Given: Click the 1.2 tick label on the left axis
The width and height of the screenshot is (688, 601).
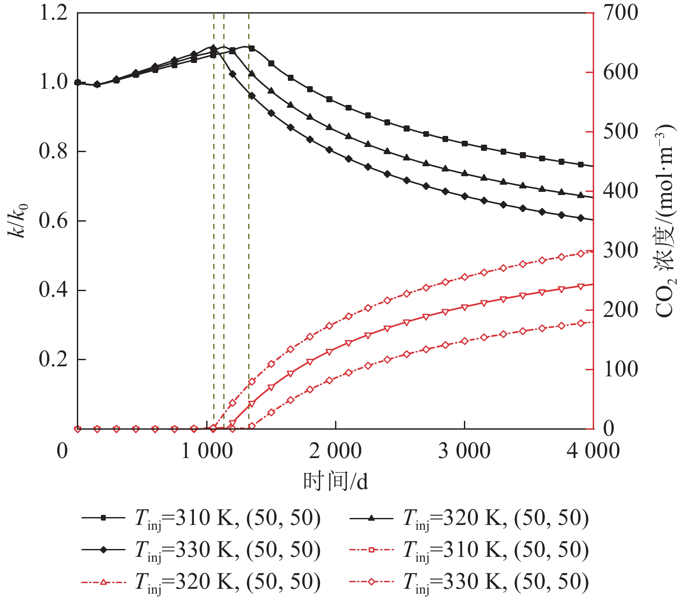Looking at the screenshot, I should [x=53, y=13].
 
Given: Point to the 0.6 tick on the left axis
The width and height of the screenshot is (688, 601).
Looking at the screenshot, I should [x=53, y=221].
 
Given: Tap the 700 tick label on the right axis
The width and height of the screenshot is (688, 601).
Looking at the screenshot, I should [x=620, y=13].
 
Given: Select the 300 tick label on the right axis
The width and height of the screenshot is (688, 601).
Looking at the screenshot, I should [x=620, y=251].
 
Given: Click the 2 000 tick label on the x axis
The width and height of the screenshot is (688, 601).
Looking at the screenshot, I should [x=335, y=451].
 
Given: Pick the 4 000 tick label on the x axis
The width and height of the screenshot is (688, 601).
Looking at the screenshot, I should [x=593, y=451].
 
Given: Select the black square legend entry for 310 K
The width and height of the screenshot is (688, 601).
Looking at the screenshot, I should [x=201, y=518].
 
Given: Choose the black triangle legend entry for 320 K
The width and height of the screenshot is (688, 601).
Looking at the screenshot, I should [x=469, y=518].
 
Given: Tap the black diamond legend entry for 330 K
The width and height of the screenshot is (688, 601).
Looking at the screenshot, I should [x=201, y=550].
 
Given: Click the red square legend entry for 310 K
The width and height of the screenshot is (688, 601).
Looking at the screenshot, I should [x=469, y=550].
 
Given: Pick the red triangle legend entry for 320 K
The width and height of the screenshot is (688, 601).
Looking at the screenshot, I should [x=201, y=582].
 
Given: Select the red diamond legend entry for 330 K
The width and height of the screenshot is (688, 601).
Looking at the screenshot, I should [x=469, y=582].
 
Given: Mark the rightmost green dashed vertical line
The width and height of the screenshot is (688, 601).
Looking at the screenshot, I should [x=249, y=219].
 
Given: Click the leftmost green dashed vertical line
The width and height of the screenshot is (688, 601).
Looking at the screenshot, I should [x=214, y=219].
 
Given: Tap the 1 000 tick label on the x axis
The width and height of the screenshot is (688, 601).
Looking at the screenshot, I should [x=207, y=451].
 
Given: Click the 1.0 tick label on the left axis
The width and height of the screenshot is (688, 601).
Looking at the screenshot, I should [x=53, y=82].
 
